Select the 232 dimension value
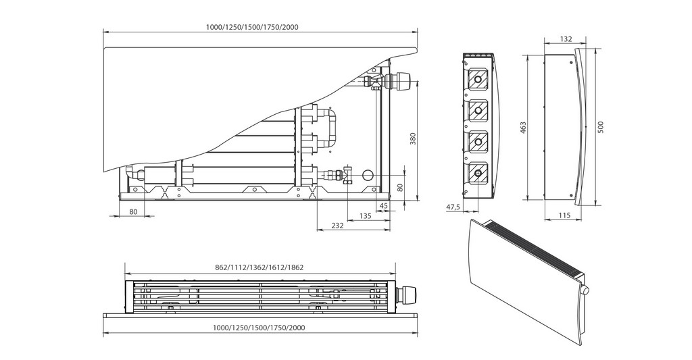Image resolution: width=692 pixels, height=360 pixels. pyautogui.click(x=338, y=226)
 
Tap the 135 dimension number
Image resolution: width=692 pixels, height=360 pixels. pyautogui.click(x=365, y=216)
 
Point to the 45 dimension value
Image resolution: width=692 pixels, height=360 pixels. pyautogui.click(x=383, y=205)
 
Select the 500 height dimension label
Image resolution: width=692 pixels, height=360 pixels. pyautogui.click(x=601, y=128)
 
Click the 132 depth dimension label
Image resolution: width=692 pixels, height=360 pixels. pyautogui.click(x=566, y=40)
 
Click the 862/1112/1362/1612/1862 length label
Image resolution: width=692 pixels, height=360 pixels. pyautogui.click(x=259, y=267)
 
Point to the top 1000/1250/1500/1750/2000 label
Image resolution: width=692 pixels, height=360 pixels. pyautogui.click(x=260, y=27)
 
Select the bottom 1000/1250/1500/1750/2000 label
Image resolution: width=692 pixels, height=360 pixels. pyautogui.click(x=260, y=328)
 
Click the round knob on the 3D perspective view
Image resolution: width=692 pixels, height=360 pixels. pyautogui.click(x=585, y=290)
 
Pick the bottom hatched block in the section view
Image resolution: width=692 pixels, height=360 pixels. pyautogui.click(x=478, y=173)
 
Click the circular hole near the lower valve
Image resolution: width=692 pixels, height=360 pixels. pyautogui.click(x=368, y=174)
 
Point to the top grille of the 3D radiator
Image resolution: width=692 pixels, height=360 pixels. pyautogui.click(x=534, y=247)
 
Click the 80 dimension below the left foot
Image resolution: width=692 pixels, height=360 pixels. pyautogui.click(x=133, y=212)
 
